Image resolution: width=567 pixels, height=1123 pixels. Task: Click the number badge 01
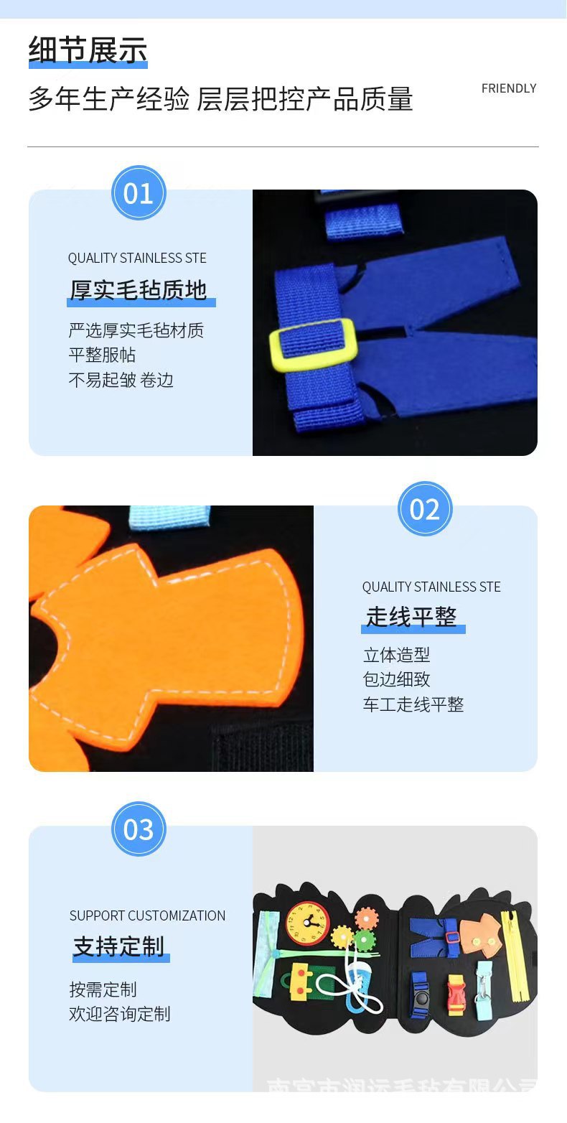pos(139,193)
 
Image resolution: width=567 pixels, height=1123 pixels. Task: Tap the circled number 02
pos(425,509)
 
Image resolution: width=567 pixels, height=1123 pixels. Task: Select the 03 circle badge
pos(139,829)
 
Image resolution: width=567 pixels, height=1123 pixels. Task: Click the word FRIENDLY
pos(509,88)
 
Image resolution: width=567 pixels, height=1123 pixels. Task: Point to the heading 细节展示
pos(88,50)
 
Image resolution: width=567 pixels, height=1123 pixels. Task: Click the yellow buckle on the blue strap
pos(314,345)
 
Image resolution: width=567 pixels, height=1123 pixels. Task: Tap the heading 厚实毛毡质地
pos(139,290)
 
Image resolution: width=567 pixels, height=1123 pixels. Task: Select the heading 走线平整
pos(411,617)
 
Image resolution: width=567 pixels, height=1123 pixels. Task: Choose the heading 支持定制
pos(118,946)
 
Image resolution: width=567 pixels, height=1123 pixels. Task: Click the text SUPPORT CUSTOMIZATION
pos(147,915)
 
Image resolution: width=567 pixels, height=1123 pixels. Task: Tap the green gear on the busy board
pos(365,938)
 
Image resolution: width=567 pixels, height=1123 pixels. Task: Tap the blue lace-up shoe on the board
pos(360,979)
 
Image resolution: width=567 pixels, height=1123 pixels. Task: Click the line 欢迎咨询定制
pos(120,1014)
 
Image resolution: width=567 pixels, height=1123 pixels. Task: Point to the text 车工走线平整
pos(413,704)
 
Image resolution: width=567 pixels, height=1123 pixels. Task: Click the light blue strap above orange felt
pos(169,516)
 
